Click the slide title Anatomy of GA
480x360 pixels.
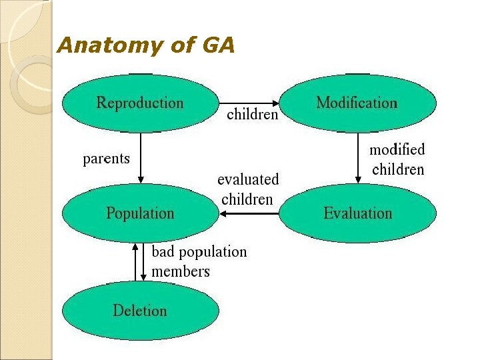146,46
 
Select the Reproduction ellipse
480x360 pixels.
140,103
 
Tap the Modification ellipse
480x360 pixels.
357,103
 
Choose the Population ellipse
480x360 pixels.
140,213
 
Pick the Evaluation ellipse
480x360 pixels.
357,213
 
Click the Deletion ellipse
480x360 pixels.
140,311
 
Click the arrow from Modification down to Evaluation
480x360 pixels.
358,157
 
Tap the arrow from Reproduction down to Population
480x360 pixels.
141,157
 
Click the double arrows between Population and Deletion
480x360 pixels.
139,262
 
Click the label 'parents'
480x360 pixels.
106,159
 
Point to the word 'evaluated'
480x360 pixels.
248,179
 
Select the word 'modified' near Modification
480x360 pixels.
397,150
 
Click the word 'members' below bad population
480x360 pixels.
181,271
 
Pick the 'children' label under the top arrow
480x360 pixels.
253,115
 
